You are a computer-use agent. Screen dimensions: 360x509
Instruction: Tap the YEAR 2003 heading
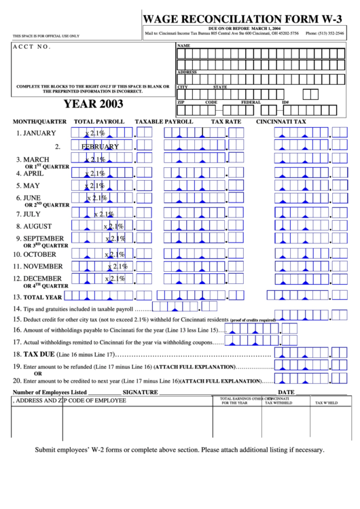(94, 105)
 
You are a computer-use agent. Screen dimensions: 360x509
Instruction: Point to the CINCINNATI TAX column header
(281, 122)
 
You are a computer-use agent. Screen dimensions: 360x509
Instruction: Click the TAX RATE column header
(226, 122)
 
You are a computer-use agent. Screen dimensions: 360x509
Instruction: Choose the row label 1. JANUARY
(37, 133)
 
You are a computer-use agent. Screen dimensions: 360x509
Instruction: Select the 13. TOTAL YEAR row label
(38, 297)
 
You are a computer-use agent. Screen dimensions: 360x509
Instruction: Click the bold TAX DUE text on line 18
(39, 355)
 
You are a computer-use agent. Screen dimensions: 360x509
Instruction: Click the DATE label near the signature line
(286, 392)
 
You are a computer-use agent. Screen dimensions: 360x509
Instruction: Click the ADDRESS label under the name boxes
(187, 71)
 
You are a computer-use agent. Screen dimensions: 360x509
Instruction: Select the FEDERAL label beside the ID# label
(251, 103)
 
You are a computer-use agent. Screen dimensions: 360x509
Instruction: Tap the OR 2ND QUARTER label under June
(47, 205)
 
